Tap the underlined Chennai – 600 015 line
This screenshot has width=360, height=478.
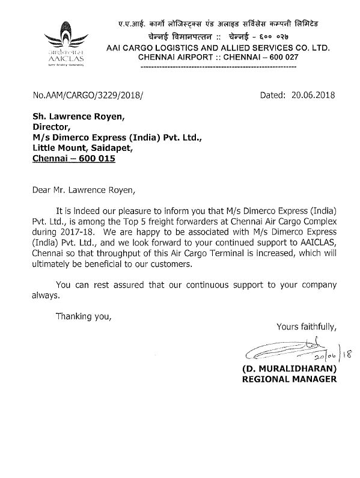pos(73,160)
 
